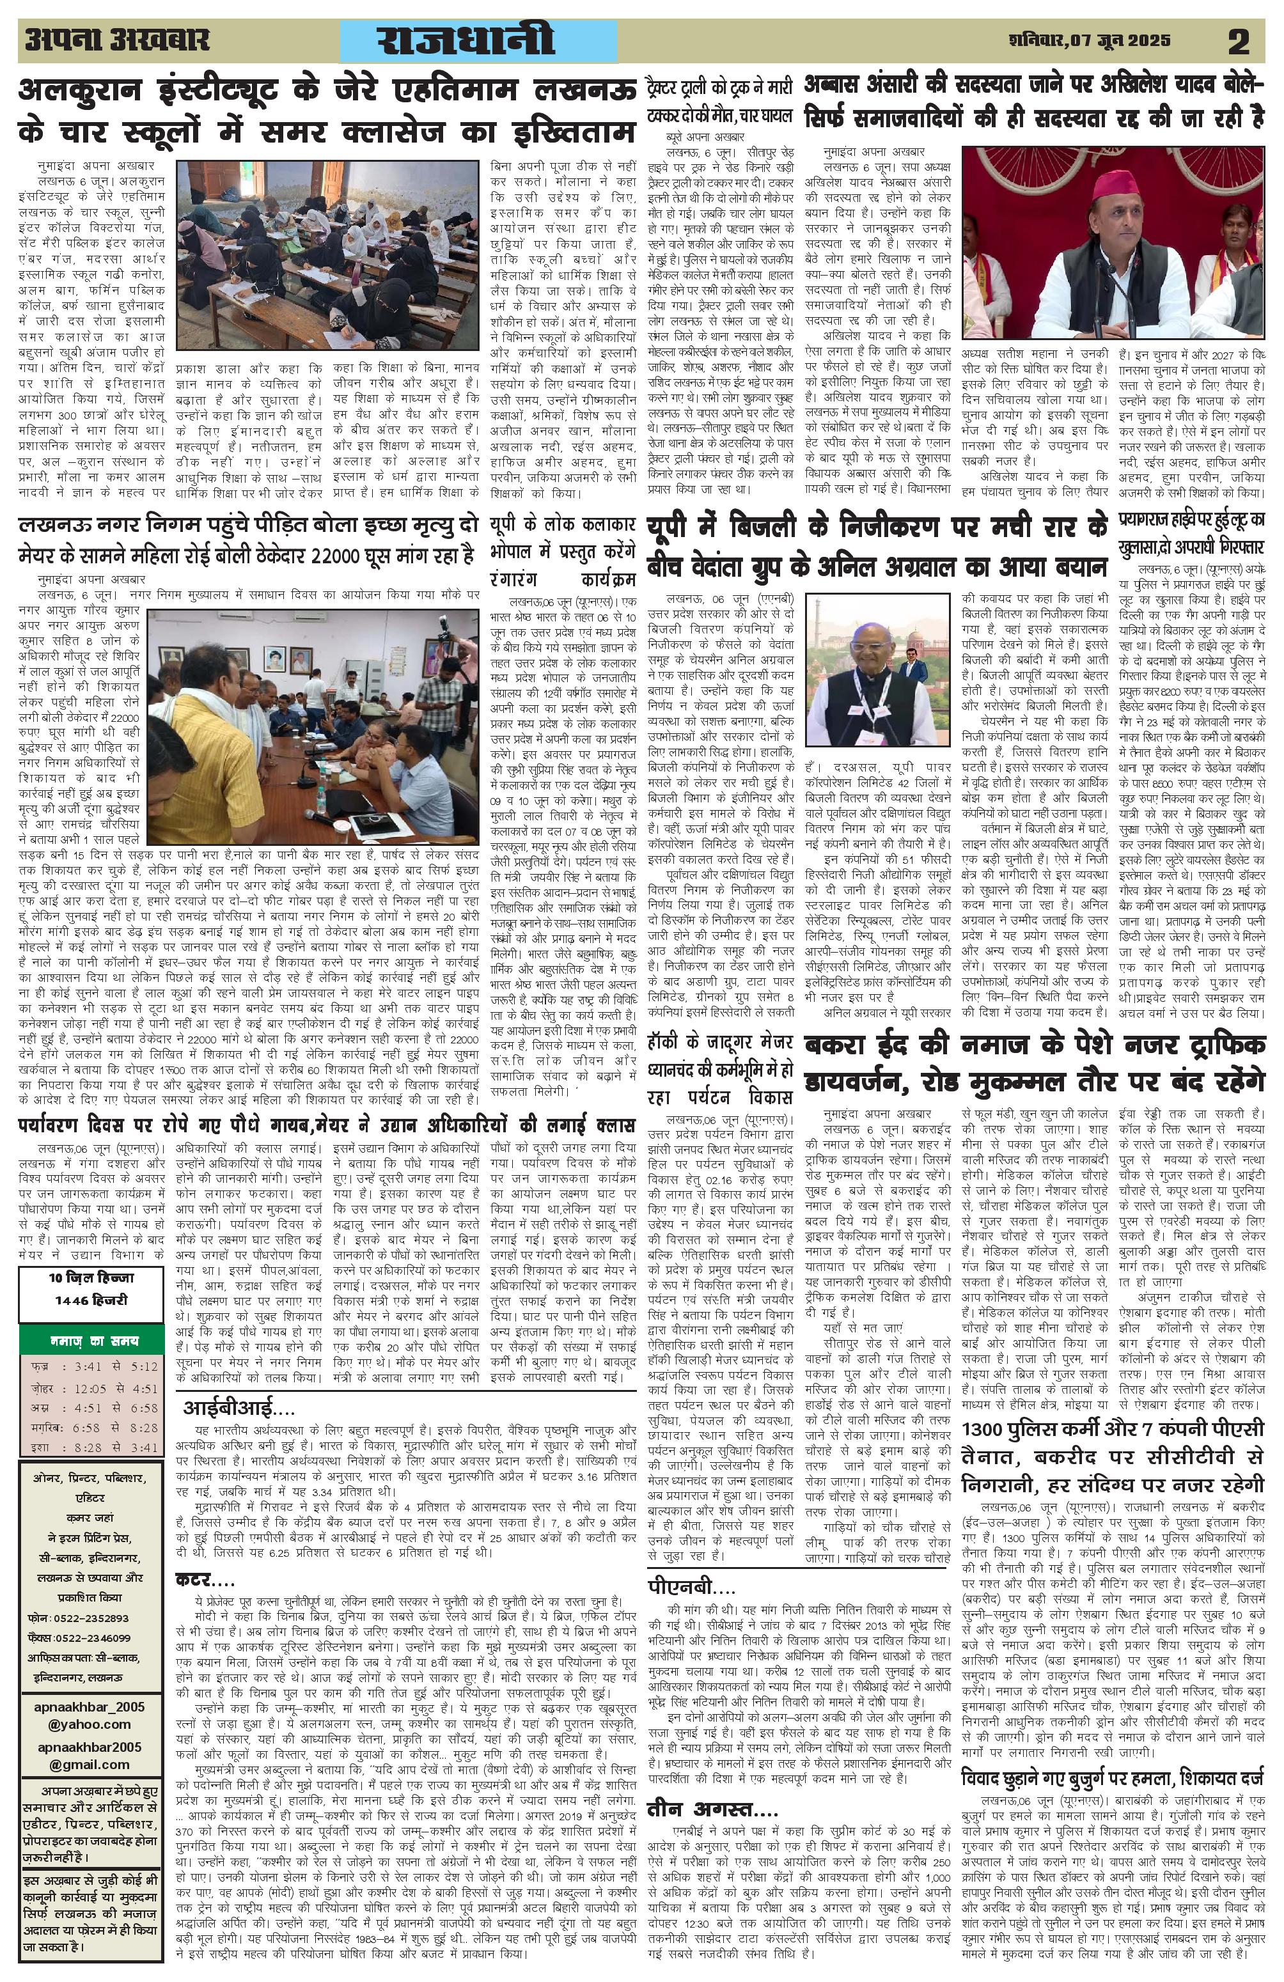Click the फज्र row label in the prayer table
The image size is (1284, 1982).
39,1368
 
